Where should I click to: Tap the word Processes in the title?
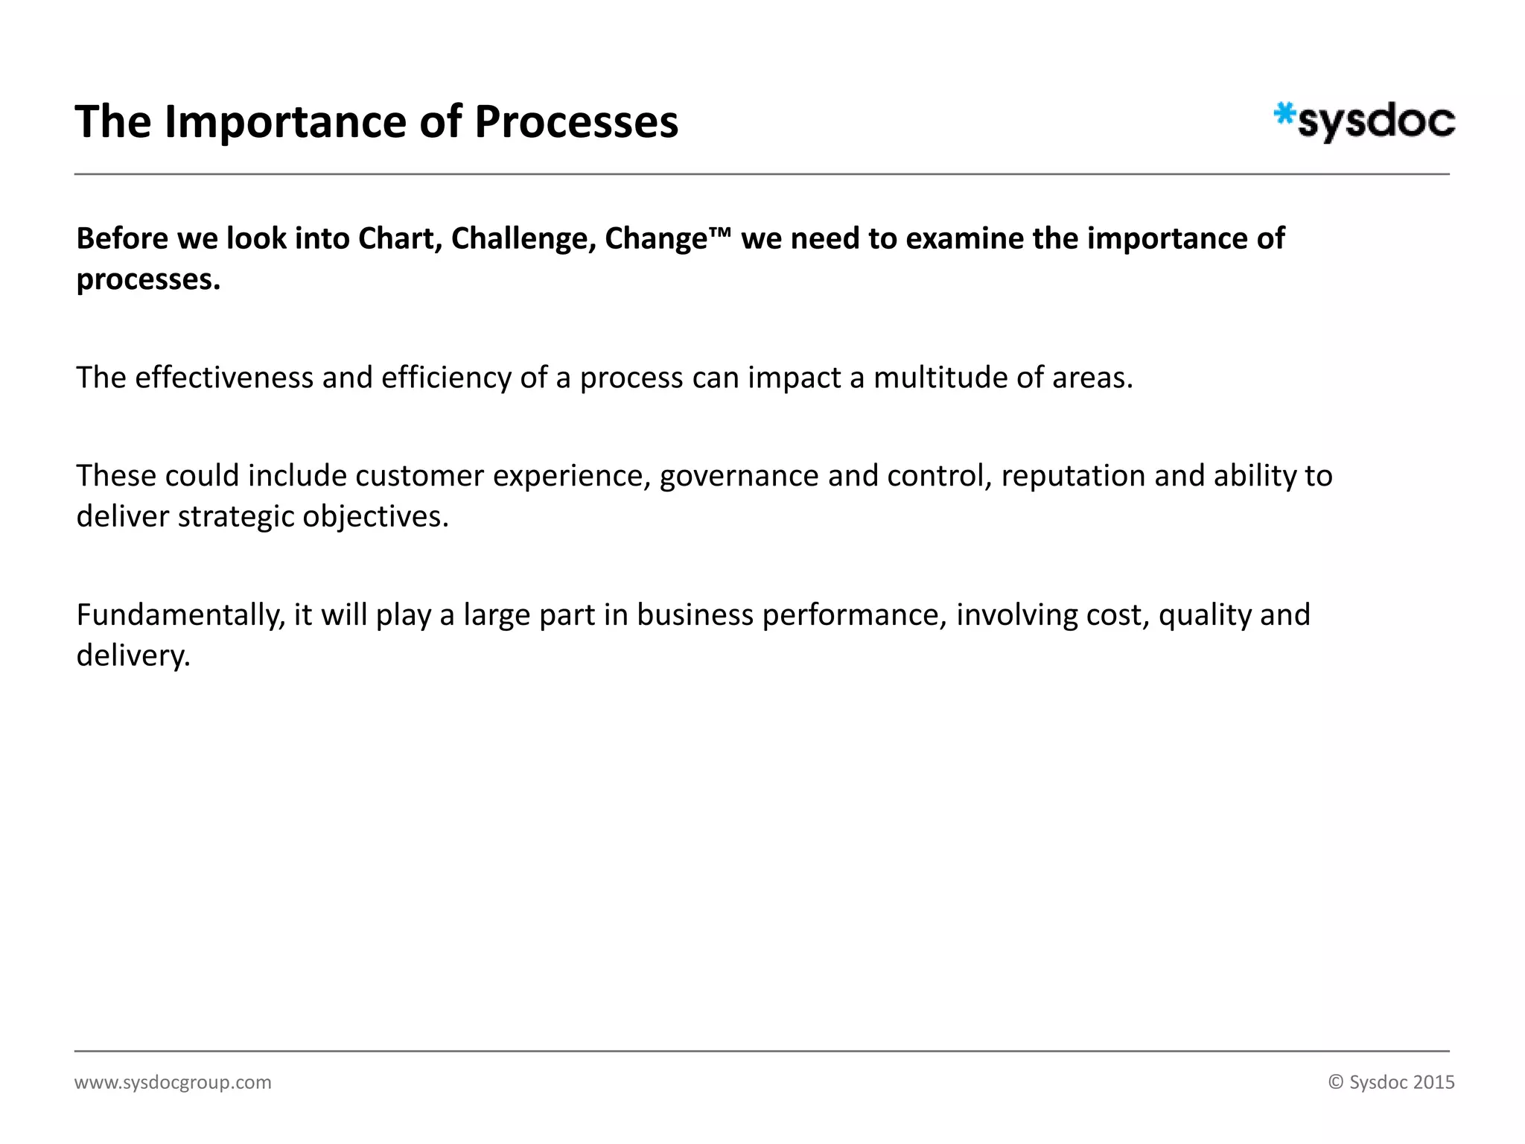click(576, 122)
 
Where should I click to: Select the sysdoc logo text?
click(1376, 123)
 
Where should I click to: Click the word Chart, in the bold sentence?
click(400, 239)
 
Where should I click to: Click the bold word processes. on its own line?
click(148, 280)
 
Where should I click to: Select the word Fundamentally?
click(181, 615)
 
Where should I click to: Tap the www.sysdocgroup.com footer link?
click(173, 1082)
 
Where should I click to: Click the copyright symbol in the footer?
click(1336, 1082)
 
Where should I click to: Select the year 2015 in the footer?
click(1433, 1082)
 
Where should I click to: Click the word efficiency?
click(446, 378)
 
